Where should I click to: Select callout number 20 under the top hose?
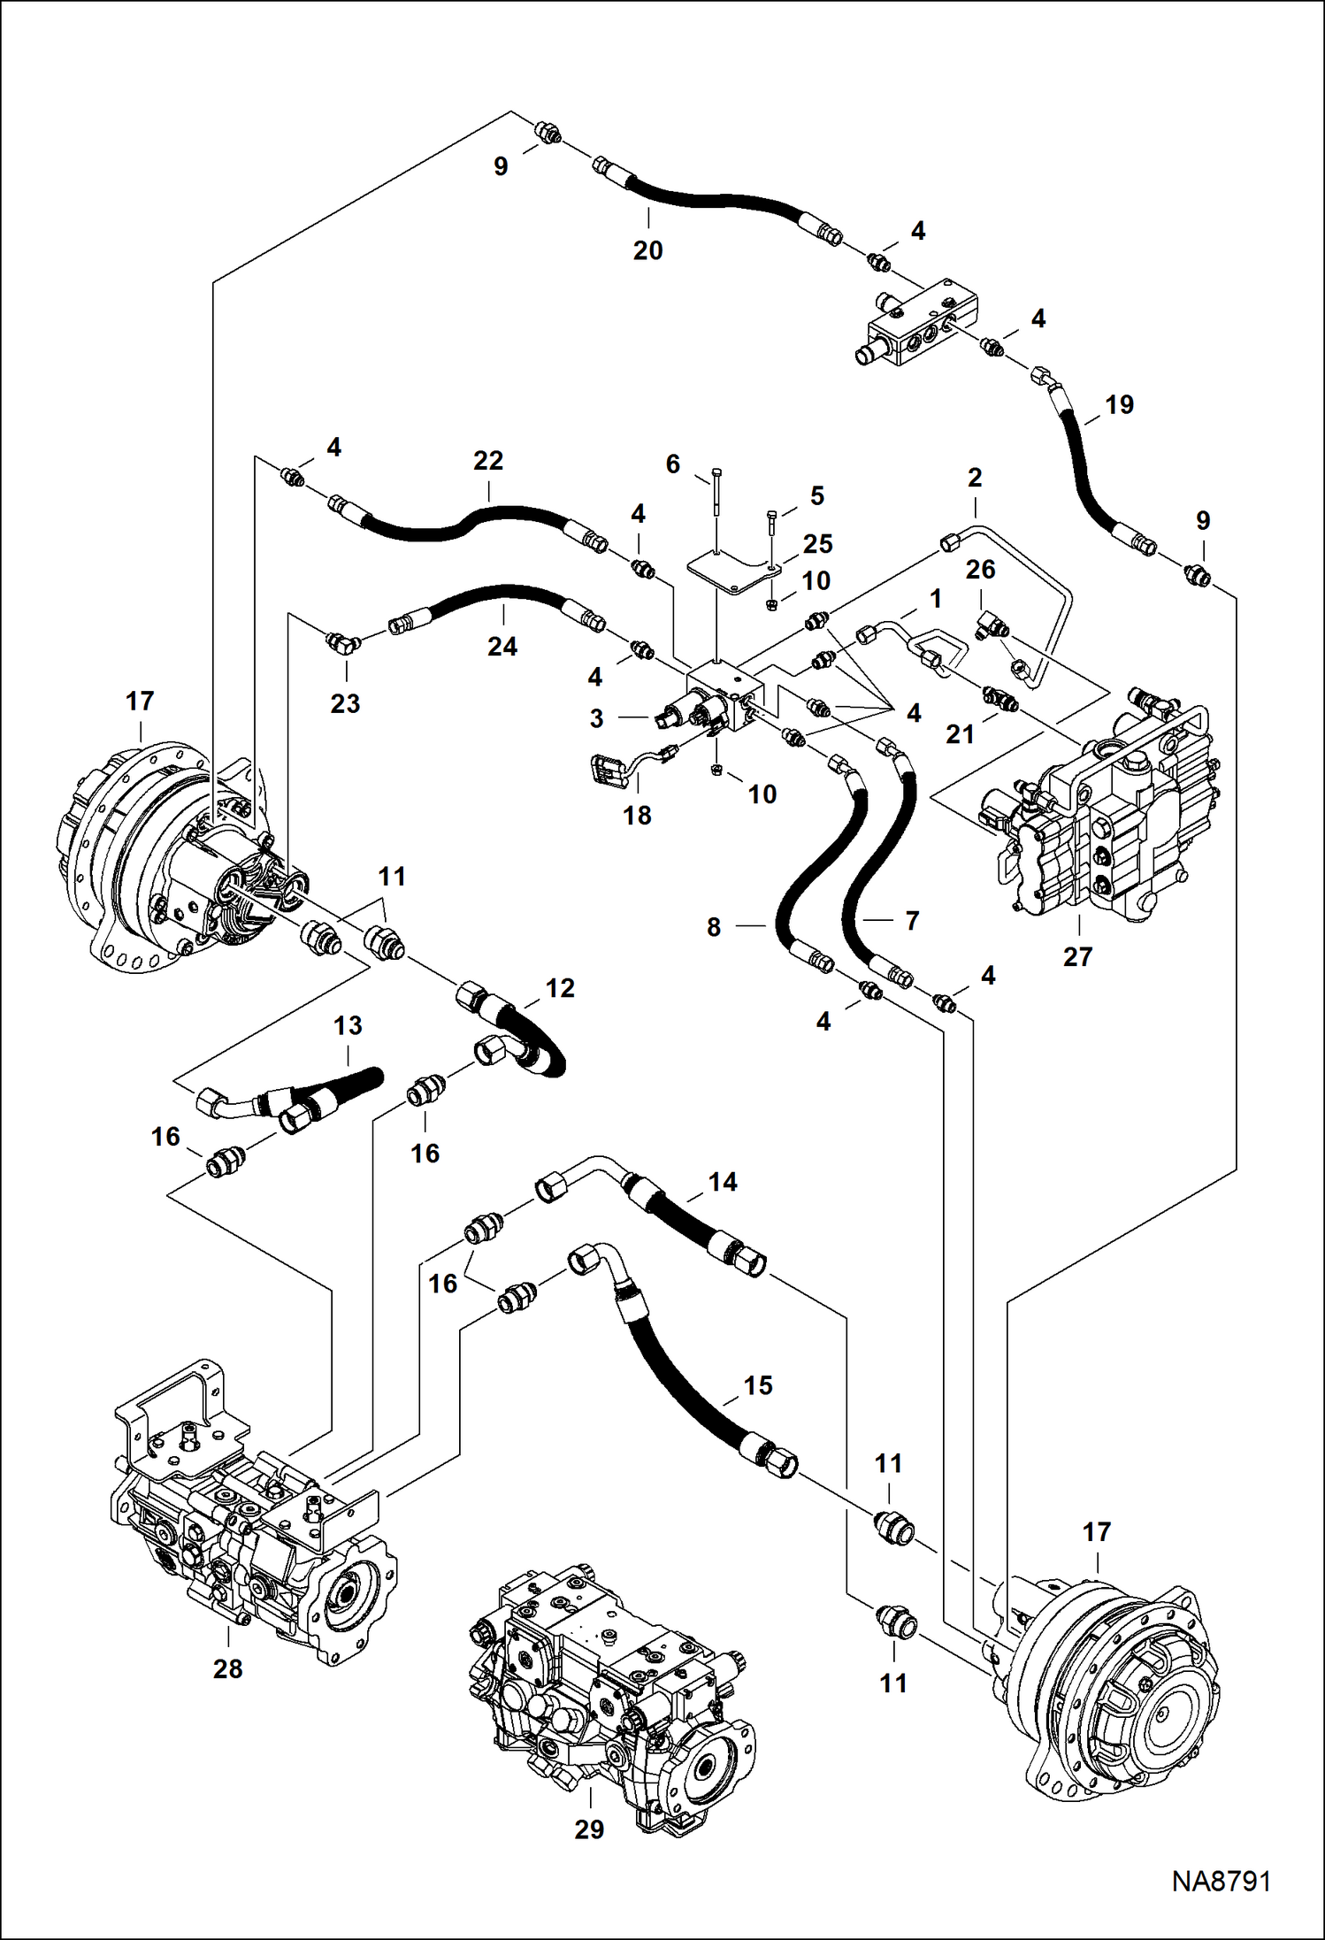647,251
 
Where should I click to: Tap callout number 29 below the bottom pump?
589,1829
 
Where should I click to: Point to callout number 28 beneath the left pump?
227,1668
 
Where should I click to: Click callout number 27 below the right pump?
1077,956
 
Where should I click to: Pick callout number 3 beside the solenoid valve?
597,718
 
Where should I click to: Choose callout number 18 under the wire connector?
637,815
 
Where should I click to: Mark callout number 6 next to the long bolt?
673,464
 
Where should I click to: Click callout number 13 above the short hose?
348,1025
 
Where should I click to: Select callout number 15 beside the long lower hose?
758,1384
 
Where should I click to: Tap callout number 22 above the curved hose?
488,461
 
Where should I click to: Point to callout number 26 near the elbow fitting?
981,570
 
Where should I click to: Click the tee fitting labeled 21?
999,698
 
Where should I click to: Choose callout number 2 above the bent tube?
975,478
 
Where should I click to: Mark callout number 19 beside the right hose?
1119,405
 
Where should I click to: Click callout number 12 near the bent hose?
560,988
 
